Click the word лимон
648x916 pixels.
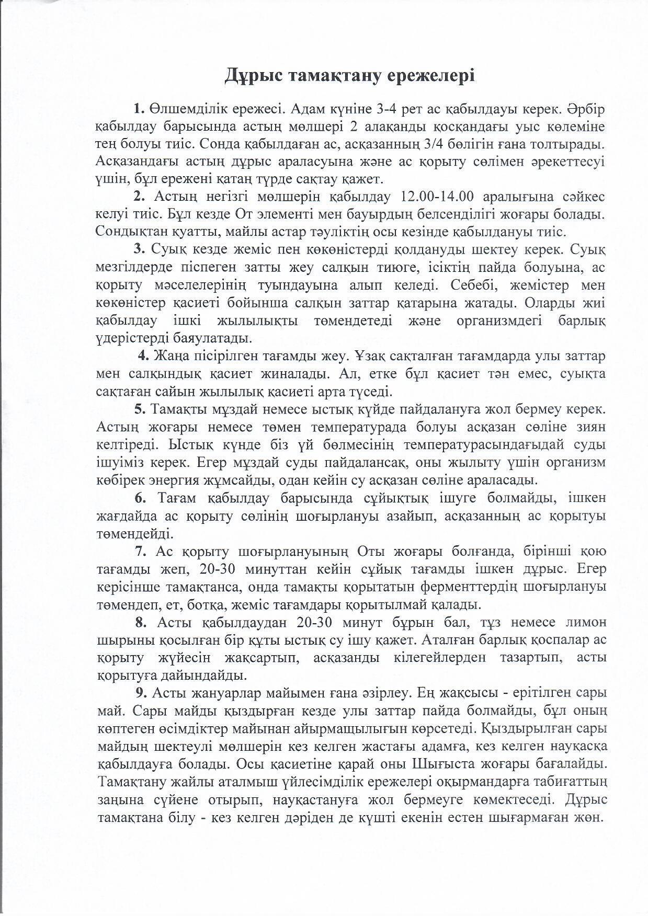pyautogui.click(x=585, y=623)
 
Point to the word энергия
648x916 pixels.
pyautogui.click(x=188, y=479)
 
